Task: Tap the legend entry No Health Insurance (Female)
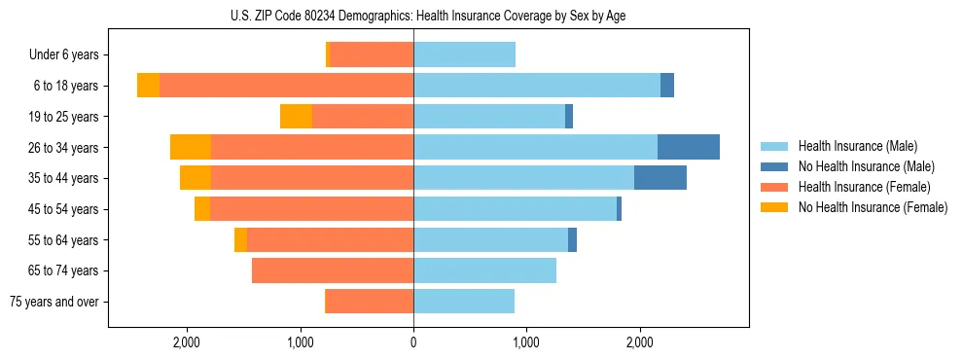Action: [x=872, y=207]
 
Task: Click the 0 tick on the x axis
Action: [x=413, y=342]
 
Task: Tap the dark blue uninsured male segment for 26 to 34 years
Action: [x=689, y=147]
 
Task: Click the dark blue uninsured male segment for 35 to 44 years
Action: [x=660, y=178]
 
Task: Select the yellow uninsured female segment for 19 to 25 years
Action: [x=296, y=117]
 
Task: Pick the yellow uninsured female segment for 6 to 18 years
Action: [x=148, y=86]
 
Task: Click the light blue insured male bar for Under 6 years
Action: [x=464, y=54]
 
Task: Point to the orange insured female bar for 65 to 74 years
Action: [x=333, y=270]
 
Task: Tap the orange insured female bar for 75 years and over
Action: [x=369, y=302]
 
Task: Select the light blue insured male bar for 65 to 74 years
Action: [x=484, y=270]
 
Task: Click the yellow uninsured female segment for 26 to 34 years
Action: [x=191, y=147]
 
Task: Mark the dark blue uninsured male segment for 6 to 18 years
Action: [x=667, y=86]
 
